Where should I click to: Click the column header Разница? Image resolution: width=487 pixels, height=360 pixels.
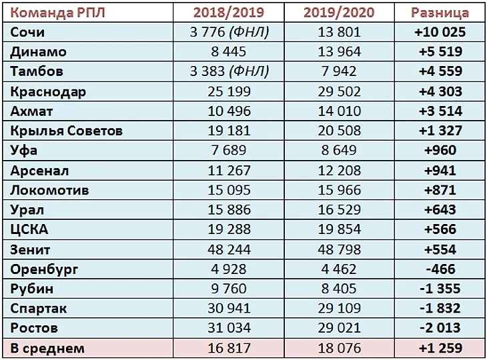coord(440,12)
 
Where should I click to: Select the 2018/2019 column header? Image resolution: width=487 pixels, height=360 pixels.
coord(229,12)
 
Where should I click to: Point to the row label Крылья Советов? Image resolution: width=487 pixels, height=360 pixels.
coord(67,131)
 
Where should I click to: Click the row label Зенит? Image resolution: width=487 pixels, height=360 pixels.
coord(31,249)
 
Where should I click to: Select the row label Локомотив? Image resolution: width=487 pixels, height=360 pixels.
coord(51,190)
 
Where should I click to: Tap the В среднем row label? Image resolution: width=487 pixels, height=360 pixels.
coord(48,348)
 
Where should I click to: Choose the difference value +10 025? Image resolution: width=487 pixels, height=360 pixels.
coord(440,31)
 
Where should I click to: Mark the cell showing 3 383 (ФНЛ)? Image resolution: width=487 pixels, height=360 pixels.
coord(229,71)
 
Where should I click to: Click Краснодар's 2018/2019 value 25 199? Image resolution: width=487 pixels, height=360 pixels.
coord(229,91)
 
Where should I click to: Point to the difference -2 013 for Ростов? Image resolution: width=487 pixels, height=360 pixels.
coord(440,328)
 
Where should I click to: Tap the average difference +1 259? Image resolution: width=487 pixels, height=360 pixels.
coord(440,348)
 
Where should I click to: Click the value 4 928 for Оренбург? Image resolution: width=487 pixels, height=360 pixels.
coord(229,269)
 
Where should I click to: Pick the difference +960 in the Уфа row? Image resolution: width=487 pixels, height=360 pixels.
coord(440,151)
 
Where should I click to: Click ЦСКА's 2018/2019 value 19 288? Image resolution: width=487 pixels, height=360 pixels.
coord(229,229)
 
